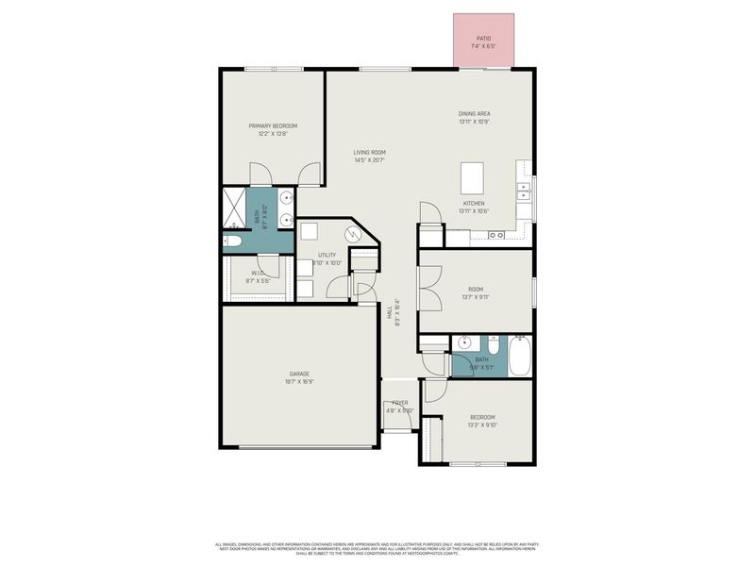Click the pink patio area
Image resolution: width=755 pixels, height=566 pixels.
(x=483, y=28)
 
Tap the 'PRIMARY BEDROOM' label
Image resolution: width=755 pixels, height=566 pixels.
(x=273, y=125)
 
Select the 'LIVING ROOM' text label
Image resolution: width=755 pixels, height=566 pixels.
(x=369, y=152)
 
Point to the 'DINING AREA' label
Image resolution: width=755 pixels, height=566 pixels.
(x=474, y=113)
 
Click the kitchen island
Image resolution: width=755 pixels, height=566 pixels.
(x=472, y=176)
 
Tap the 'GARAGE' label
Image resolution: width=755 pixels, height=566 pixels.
(x=299, y=375)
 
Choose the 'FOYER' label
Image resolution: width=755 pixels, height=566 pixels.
(x=400, y=403)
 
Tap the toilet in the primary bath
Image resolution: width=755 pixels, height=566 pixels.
(x=233, y=241)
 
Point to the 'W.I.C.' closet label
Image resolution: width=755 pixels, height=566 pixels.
(x=258, y=274)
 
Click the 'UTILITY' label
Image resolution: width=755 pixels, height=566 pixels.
(x=327, y=255)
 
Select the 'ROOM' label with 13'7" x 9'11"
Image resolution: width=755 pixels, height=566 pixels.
(x=475, y=291)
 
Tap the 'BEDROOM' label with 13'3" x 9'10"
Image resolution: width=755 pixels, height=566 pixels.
(x=482, y=417)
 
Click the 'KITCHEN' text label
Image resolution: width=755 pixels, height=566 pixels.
(x=474, y=204)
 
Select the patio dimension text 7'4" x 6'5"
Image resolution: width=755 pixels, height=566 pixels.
(x=483, y=45)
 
